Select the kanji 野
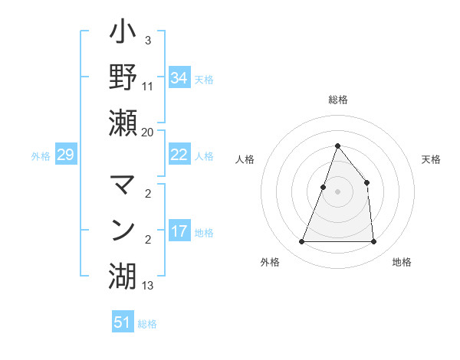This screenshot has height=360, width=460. pyautogui.click(x=123, y=77)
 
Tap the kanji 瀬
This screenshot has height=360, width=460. pyautogui.click(x=123, y=123)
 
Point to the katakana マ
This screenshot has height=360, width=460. pyautogui.click(x=123, y=185)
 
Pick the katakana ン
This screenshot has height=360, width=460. pyautogui.click(x=123, y=230)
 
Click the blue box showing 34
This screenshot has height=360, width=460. pyautogui.click(x=179, y=77)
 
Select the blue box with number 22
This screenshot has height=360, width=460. pyautogui.click(x=179, y=155)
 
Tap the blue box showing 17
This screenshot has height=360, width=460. pyautogui.click(x=179, y=231)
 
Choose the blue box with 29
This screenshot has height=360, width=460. pyautogui.click(x=65, y=155)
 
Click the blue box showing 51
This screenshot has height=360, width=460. pyautogui.click(x=123, y=322)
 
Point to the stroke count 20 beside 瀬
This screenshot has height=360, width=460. pyautogui.click(x=147, y=133)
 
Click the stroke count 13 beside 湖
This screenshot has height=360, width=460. pyautogui.click(x=147, y=286)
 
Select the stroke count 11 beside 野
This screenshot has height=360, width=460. pyautogui.click(x=147, y=87)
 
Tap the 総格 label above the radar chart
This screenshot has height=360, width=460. pyautogui.click(x=337, y=100)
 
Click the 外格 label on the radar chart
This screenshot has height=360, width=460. pyautogui.click(x=270, y=262)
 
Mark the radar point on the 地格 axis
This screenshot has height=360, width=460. pyautogui.click(x=373, y=242)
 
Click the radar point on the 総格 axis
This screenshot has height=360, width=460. pyautogui.click(x=337, y=146)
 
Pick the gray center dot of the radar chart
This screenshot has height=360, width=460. pyautogui.click(x=337, y=191)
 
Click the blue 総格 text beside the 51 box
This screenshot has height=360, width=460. pyautogui.click(x=147, y=324)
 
